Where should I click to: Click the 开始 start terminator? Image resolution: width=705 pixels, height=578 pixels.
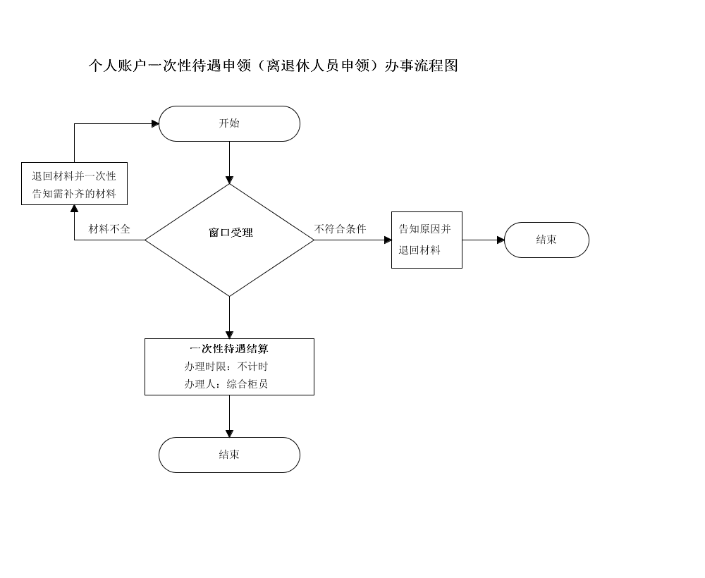pos(229,123)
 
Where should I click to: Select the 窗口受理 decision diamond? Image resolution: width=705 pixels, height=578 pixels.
pos(229,240)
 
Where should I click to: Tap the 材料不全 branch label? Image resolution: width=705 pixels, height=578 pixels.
pos(109,229)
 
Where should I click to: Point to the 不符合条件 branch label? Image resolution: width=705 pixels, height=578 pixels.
pos(341,229)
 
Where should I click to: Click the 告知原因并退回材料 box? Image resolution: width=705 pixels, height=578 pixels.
pos(427,240)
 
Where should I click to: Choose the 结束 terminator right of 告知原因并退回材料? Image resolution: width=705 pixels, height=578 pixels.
pos(547,240)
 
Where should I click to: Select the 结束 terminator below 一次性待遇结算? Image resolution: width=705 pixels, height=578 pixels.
pos(229,455)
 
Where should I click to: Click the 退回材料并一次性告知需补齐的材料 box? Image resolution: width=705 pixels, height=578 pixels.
pos(74,183)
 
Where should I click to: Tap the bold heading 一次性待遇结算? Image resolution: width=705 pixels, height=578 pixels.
pos(229,349)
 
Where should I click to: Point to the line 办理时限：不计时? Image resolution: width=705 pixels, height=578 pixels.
pos(226,367)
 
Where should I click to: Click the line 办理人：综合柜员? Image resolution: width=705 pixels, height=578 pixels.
pos(226,384)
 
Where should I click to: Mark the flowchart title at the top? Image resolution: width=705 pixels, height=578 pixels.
pos(273,66)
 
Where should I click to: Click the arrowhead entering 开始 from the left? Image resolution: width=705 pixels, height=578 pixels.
pos(155,123)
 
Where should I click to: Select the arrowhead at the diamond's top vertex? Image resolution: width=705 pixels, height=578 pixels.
pos(229,180)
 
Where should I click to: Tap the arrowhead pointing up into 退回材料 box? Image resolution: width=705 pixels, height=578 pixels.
pos(74,209)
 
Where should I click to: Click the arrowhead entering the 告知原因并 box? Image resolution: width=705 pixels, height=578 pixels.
pos(388,240)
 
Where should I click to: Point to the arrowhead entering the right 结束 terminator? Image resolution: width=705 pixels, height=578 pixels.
pos(501,240)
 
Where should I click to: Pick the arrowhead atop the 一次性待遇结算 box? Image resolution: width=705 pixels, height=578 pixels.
pos(229,336)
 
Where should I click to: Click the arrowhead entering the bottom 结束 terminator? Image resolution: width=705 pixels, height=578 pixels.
pos(229,433)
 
